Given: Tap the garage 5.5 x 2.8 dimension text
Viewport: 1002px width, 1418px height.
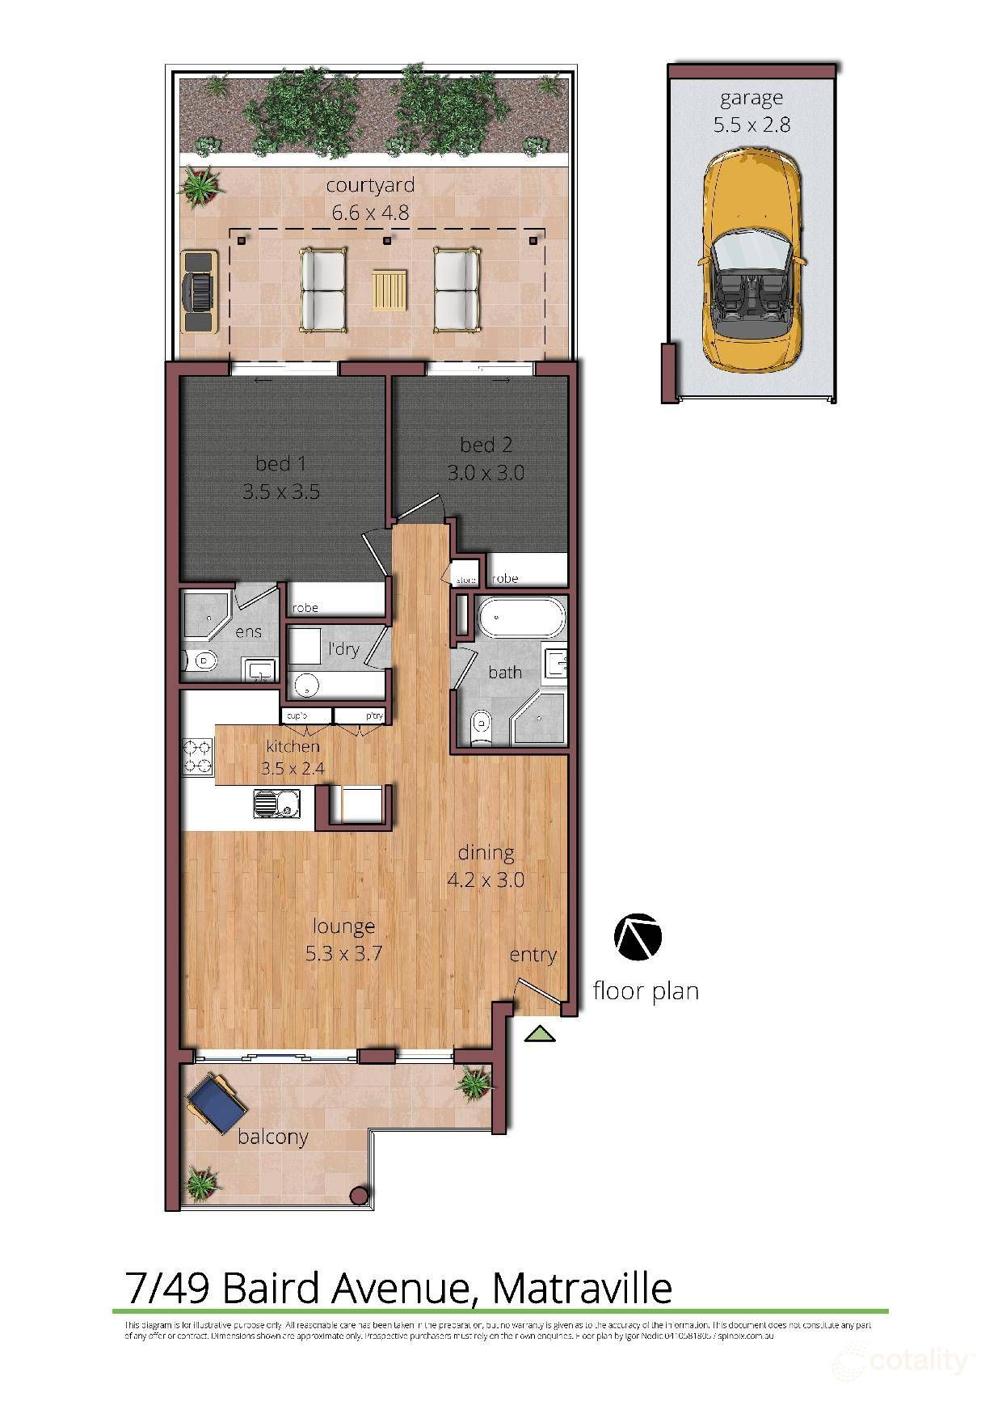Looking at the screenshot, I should point(751,124).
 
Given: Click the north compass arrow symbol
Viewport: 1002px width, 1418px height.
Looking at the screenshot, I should point(638,938).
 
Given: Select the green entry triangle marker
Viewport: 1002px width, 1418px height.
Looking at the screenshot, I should point(539,1034).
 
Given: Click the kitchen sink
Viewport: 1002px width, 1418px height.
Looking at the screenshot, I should point(272,804).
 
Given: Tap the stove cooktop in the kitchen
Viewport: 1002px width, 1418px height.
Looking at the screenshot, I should point(198,757).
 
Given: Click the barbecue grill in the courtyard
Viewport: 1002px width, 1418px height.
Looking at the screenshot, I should point(199,291).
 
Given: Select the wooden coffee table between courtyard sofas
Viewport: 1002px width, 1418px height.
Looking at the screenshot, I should point(389,289).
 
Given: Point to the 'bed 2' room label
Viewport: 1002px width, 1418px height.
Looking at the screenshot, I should point(486,445).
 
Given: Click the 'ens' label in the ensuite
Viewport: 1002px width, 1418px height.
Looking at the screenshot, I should point(248,631).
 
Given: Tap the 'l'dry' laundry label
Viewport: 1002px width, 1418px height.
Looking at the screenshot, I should point(343,648).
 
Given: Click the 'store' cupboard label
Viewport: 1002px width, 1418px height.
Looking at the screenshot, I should point(466,580).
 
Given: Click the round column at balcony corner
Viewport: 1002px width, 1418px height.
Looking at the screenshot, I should point(360,1196).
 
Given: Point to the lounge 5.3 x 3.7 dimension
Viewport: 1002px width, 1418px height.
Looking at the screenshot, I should point(343,954).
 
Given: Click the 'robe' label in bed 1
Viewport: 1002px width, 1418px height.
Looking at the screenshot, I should point(305,608).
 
